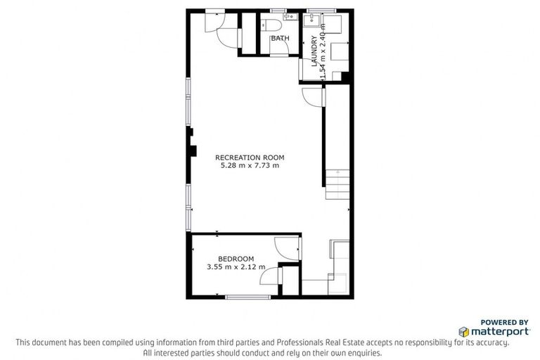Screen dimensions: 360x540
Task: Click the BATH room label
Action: tap(280, 38)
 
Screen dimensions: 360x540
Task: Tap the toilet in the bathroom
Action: tap(270, 26)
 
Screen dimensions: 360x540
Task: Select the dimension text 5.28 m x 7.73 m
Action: tap(247, 166)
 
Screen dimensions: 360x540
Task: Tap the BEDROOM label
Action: tap(236, 259)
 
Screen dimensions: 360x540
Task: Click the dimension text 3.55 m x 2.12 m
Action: tap(236, 267)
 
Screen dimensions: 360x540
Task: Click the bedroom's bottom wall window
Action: tap(247, 297)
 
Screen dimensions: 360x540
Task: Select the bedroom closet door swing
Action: tap(269, 278)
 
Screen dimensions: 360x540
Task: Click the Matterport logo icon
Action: tap(463, 331)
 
